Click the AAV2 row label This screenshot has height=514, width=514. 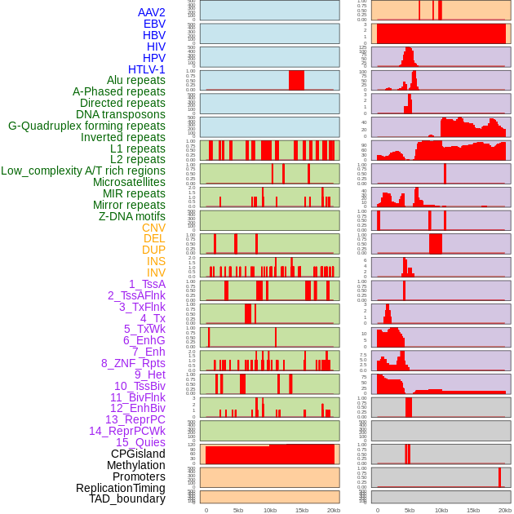click(x=151, y=12)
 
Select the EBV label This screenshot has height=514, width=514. click(x=154, y=24)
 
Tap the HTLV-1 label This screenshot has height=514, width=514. click(x=146, y=69)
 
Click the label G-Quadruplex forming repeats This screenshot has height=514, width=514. click(x=86, y=126)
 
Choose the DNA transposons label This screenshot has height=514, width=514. click(x=120, y=114)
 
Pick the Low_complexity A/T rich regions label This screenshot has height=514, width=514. click(x=83, y=171)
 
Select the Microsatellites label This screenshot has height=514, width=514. click(x=129, y=182)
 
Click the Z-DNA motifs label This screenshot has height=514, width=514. click(x=131, y=216)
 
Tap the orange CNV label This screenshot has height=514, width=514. click(x=153, y=228)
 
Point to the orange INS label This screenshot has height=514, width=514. click(x=155, y=261)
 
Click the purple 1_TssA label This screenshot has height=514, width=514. click(x=147, y=284)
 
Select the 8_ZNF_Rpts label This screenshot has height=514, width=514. click(x=133, y=363)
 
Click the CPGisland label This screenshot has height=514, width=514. click(x=138, y=454)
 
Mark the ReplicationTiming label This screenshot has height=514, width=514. click(x=120, y=488)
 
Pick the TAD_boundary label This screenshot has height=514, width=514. click(x=126, y=498)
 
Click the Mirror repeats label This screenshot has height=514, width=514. click(x=129, y=205)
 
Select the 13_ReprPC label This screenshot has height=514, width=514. click(x=135, y=419)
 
